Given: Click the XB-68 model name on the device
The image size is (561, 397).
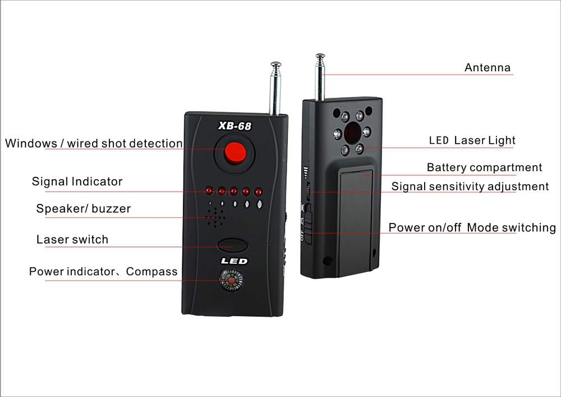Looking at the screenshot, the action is (234, 126).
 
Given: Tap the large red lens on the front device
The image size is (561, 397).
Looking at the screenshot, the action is (235, 153).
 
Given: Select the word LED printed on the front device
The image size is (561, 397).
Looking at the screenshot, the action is (234, 261).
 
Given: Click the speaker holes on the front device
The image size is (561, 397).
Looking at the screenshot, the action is (215, 217).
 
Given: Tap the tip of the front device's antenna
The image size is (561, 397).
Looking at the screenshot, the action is (275, 64).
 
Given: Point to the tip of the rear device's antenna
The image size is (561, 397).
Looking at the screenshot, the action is (320, 56).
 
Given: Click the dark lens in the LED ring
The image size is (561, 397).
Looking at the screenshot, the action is (352, 132).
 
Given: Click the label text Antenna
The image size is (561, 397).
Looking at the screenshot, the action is (488, 67).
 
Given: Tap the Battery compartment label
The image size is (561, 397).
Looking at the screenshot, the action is (485, 167).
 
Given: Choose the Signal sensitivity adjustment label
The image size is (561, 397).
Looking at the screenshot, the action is (470, 186).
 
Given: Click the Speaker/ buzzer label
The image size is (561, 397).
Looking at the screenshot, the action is (84, 208).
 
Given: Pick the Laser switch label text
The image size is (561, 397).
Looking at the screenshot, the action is (72, 239).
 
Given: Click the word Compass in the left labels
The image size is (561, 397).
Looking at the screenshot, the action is (151, 271).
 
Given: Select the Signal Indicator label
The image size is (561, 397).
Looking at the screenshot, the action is (77, 181).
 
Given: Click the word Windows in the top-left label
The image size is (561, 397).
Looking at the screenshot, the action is (31, 143).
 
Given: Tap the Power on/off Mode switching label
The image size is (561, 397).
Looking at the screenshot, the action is (472, 227).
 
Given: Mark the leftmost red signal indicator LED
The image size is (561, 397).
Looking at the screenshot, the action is (209, 190).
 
